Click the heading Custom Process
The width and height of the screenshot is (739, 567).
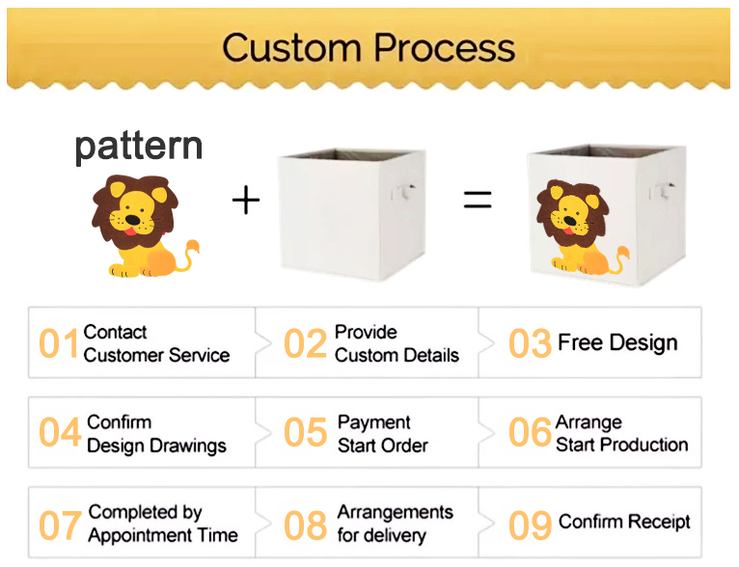(x=369, y=48)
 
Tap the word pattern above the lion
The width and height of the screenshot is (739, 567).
(x=139, y=147)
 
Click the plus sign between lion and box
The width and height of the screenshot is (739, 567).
(x=246, y=201)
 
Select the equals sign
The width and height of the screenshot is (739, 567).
(x=478, y=200)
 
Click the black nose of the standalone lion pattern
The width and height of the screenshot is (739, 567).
(x=132, y=220)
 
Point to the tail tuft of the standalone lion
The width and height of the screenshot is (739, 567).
(x=192, y=247)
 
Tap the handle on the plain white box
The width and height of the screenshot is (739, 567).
(x=403, y=191)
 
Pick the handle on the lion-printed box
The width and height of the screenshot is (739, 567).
(x=662, y=190)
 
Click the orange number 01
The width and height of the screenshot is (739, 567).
(x=59, y=343)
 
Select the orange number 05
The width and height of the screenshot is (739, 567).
(x=306, y=432)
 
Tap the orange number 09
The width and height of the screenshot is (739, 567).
(x=531, y=526)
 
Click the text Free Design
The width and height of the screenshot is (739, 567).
(x=617, y=342)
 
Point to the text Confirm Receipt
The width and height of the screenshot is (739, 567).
(x=624, y=522)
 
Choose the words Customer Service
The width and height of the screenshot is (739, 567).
(x=156, y=355)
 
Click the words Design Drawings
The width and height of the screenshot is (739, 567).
(x=156, y=445)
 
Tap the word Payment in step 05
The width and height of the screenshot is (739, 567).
(x=373, y=422)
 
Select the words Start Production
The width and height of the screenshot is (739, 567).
(x=621, y=445)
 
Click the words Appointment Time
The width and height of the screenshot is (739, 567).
(x=163, y=535)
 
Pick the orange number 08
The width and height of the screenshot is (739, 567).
(x=306, y=526)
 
